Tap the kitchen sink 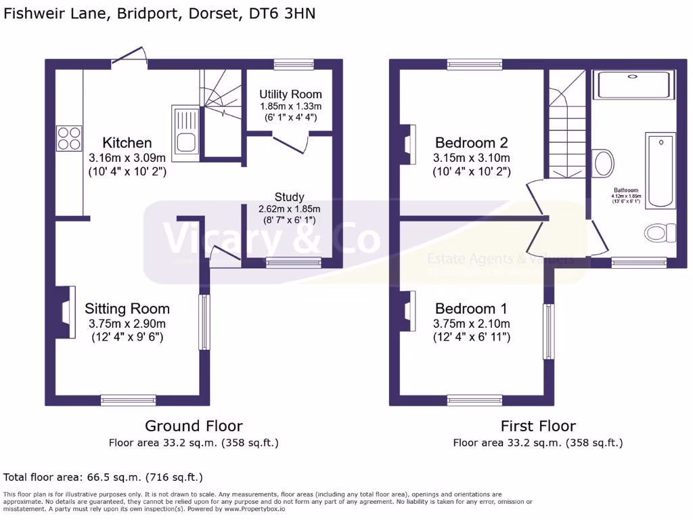tap(185, 131)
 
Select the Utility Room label tap(290, 94)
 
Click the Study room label tap(289, 198)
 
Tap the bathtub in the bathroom tap(661, 171)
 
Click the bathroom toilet tap(660, 234)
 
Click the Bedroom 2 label tap(471, 143)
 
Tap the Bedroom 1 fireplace tap(409, 311)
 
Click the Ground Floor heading tap(194, 426)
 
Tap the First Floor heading tap(538, 426)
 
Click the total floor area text tap(104, 477)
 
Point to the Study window tap(293, 263)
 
